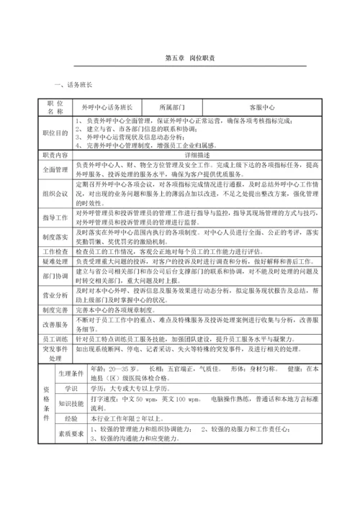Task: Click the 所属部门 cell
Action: [171, 106]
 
